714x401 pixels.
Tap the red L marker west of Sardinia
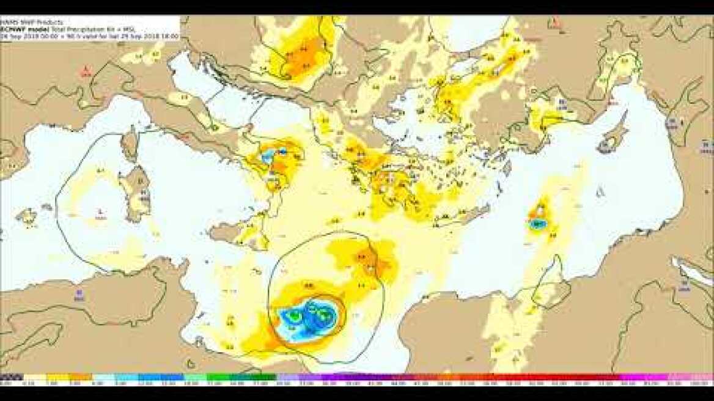pos(100,212)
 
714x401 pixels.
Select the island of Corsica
pos(130,144)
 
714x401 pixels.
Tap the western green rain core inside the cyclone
pos(295,315)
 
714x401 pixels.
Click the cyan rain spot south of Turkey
pos(537,224)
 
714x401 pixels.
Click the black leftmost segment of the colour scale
pos(11,377)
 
